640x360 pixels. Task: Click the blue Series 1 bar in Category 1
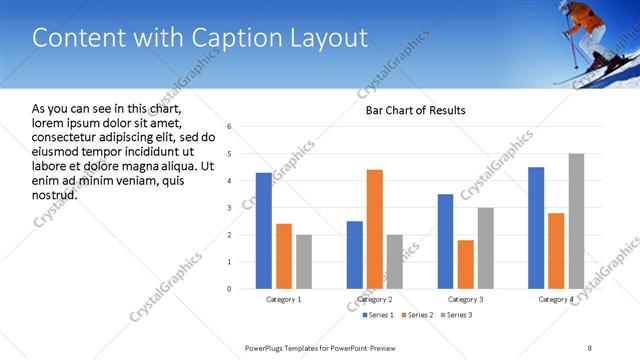263,231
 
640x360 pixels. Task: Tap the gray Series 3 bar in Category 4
576,221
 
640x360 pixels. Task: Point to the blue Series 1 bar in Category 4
536,228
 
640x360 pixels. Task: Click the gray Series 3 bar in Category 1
303,262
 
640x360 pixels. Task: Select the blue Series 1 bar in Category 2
355,255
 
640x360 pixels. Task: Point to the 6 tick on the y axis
230,127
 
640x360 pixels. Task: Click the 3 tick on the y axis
230,208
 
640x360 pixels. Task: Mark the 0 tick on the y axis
230,289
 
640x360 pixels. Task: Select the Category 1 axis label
283,299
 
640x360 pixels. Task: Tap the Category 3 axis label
466,299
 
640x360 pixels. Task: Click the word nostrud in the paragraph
55,194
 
